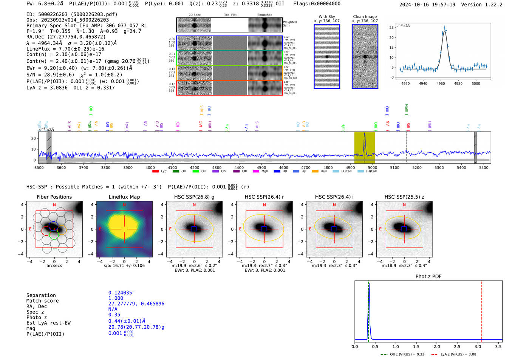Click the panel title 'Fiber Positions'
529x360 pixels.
click(54, 197)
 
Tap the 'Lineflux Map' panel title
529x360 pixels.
click(124, 197)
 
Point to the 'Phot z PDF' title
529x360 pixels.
click(428, 277)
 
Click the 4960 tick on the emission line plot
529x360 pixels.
click(441, 83)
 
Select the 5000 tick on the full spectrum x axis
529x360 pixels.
click(373, 168)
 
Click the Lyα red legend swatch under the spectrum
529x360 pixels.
click(155, 172)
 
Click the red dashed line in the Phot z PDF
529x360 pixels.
click(481, 310)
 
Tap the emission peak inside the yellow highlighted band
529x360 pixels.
click(365, 134)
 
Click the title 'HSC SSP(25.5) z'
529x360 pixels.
click(404, 197)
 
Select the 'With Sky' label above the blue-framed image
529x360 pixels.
click(327, 17)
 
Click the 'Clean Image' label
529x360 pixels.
click(365, 17)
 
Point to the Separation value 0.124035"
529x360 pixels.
click(122, 293)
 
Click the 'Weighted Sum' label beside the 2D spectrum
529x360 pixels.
click(289, 24)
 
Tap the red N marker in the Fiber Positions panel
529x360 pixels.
click(54, 205)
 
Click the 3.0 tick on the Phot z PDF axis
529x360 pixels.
click(478, 346)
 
